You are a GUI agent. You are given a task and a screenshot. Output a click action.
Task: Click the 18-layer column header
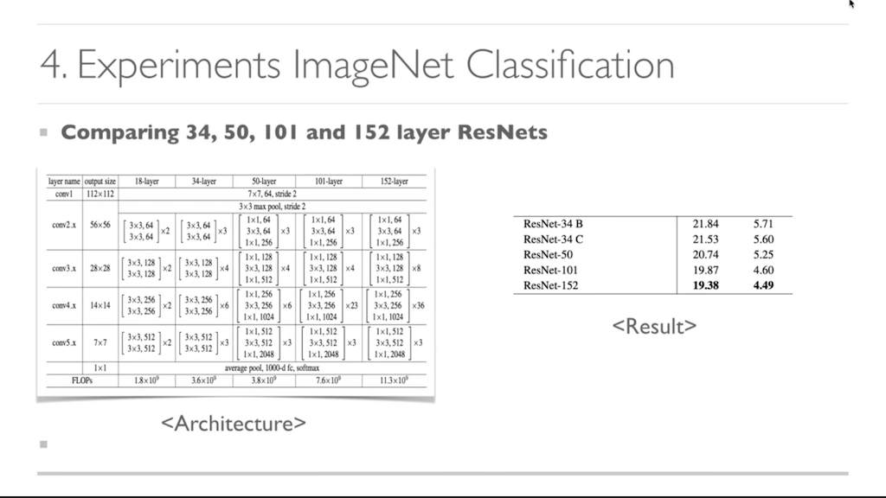coord(147,182)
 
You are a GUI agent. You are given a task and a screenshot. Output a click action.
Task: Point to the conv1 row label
coord(64,194)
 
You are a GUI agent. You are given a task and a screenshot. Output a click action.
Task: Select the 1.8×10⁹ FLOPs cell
coord(147,380)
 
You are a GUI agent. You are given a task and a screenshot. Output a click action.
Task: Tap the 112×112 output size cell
coord(101,194)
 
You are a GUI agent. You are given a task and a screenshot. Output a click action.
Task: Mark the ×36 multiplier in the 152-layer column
coord(418,305)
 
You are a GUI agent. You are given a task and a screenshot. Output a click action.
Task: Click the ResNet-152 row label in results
coord(551,285)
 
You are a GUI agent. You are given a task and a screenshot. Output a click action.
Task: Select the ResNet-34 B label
coord(553,224)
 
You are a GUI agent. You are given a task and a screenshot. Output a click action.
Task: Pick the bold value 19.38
coord(706,285)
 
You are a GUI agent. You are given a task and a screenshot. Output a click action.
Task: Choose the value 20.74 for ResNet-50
coord(706,255)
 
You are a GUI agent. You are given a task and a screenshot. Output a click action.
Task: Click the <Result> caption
coord(654,326)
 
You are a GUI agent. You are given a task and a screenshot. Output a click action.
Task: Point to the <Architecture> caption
coord(234,424)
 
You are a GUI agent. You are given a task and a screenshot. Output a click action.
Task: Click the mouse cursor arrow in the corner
coord(851,4)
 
